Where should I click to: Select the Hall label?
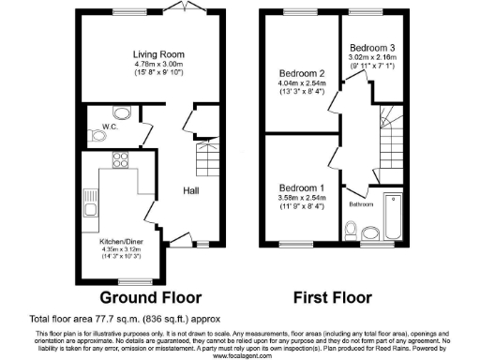tap(190, 190)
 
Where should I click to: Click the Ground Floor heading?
tap(151, 297)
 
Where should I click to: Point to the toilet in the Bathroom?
tap(351, 230)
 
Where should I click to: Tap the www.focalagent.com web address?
tap(239, 354)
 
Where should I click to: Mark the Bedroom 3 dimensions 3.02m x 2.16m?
tap(372, 58)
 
